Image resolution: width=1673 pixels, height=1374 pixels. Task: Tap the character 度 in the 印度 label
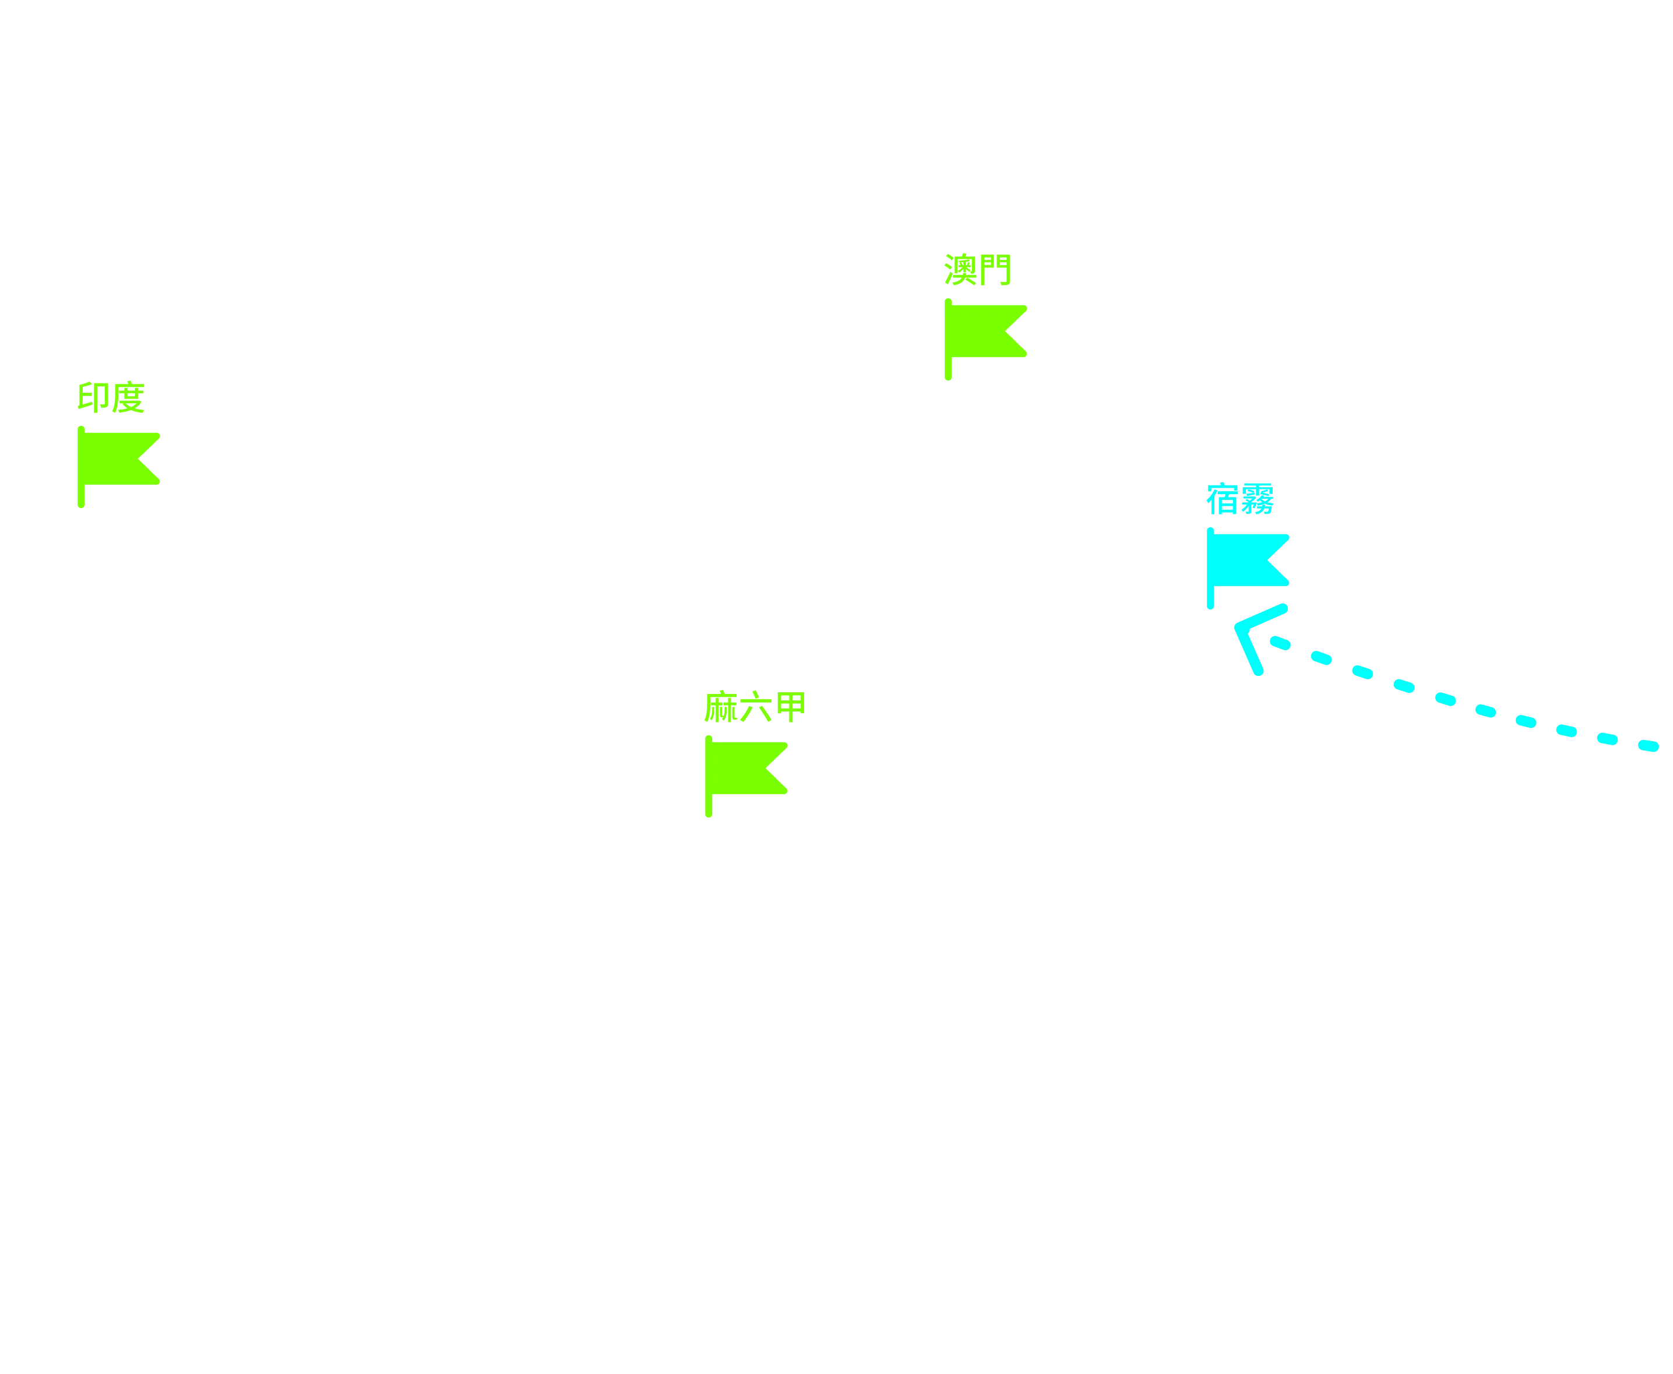pyautogui.click(x=128, y=397)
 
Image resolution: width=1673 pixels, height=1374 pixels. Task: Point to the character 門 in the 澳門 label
pyautogui.click(x=995, y=270)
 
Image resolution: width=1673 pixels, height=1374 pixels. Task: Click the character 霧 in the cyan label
pyautogui.click(x=1258, y=499)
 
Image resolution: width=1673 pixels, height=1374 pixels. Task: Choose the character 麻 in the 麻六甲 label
pyautogui.click(x=721, y=707)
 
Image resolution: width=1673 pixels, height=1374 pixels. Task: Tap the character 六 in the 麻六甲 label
pyautogui.click(x=756, y=707)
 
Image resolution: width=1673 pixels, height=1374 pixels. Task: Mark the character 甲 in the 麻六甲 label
pyautogui.click(x=791, y=707)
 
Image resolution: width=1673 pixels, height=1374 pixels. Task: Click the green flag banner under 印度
pyautogui.click(x=119, y=459)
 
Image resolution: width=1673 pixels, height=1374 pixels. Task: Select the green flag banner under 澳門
pyautogui.click(x=986, y=332)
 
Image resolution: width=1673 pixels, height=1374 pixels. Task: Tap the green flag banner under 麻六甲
pyautogui.click(x=746, y=769)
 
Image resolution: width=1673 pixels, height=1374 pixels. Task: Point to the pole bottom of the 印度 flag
pyautogui.click(x=81, y=504)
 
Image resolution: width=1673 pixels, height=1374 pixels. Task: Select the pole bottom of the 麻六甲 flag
pyautogui.click(x=708, y=813)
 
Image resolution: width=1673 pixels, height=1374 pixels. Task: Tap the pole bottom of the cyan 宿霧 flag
pyautogui.click(x=1210, y=605)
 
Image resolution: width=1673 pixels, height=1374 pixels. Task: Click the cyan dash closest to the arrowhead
pyautogui.click(x=1280, y=643)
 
